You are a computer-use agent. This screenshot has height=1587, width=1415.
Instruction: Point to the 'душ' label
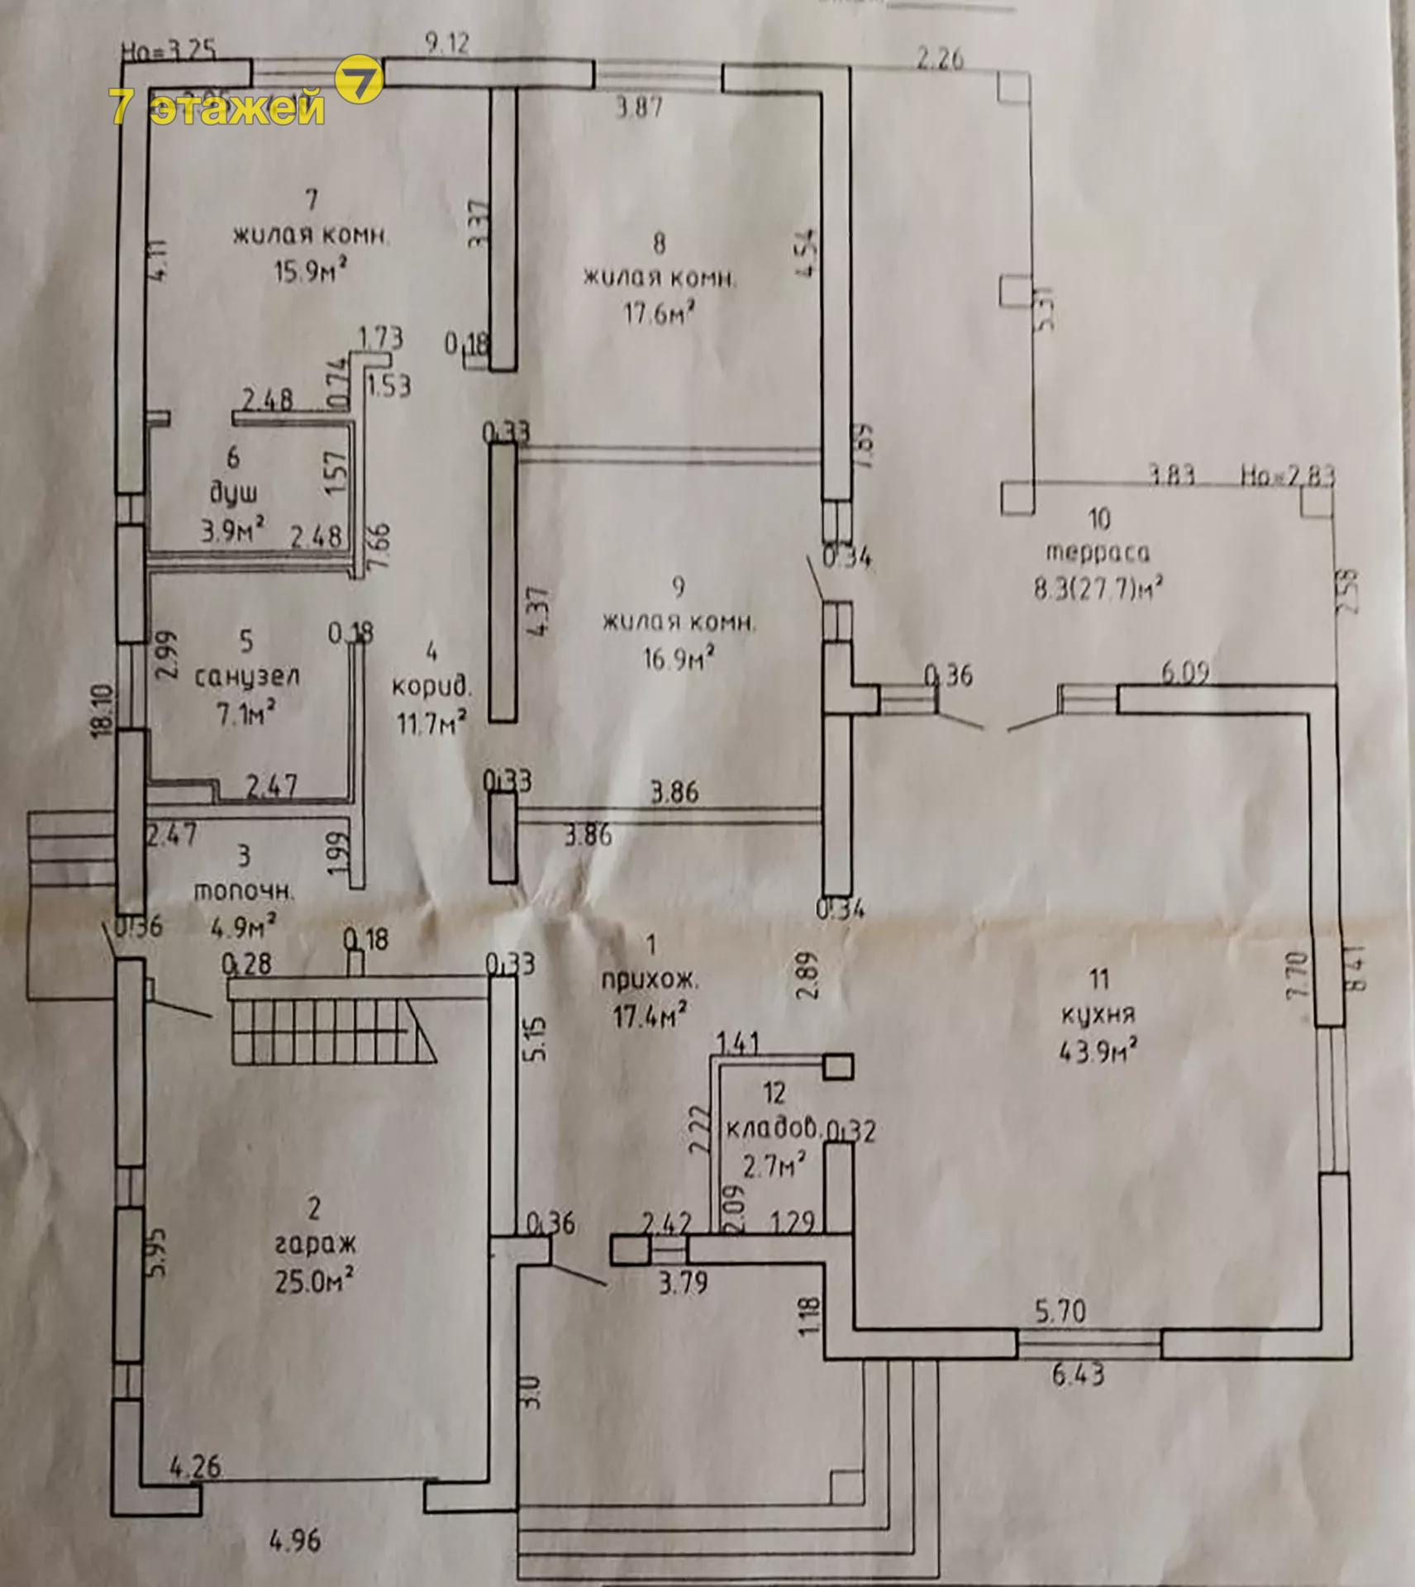coord(233,493)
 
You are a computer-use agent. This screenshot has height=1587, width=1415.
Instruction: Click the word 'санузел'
coord(246,677)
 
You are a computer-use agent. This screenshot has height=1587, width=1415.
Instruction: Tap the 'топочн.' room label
coord(243,892)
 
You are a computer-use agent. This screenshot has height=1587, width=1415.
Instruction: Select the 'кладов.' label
coord(773,1127)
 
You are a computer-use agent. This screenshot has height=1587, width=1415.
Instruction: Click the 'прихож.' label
coord(650,981)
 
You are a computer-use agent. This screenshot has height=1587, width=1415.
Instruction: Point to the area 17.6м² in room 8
coord(658,315)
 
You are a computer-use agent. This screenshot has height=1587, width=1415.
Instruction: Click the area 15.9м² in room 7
coord(309,271)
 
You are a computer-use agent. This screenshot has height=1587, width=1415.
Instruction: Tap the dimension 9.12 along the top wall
coord(447,43)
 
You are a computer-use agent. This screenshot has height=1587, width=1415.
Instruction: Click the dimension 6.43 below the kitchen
coord(1079,1375)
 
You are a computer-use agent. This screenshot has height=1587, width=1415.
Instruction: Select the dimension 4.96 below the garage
coord(295,1541)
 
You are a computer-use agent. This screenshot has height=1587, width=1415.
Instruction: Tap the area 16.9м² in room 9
coord(678,659)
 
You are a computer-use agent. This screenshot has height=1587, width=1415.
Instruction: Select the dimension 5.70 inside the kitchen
coord(1060,1311)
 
